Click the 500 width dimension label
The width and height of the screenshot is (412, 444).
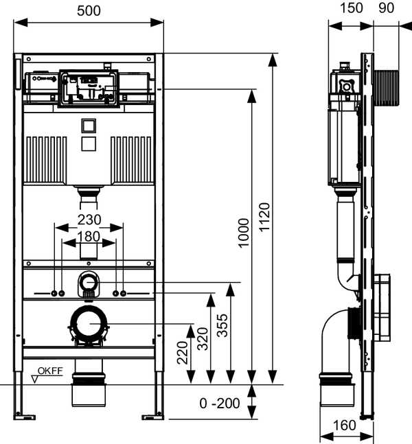[x=89, y=11]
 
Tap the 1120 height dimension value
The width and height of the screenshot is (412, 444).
[x=264, y=217]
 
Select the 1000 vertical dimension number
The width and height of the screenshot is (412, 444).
[x=243, y=233]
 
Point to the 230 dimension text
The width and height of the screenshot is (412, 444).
[x=89, y=220]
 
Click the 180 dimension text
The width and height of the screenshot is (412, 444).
[x=89, y=237]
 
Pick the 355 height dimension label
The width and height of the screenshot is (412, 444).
[x=222, y=325]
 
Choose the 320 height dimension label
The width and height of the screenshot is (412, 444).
[x=203, y=339]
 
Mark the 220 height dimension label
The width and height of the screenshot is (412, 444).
[x=183, y=353]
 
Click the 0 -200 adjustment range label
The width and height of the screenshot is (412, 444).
[x=220, y=404]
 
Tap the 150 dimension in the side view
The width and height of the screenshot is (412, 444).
[x=351, y=8]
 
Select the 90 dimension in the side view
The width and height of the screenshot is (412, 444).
[x=386, y=8]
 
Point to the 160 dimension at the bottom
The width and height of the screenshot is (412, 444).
[x=344, y=425]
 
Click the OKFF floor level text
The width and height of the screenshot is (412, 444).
[x=50, y=371]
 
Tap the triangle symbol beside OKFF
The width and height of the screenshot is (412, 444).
[x=35, y=379]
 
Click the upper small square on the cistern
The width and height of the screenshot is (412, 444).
[x=89, y=126]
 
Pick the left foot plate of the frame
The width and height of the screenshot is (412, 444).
[x=25, y=417]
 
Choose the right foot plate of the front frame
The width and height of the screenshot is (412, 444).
[x=152, y=417]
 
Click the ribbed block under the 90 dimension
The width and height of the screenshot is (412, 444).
[x=386, y=89]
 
